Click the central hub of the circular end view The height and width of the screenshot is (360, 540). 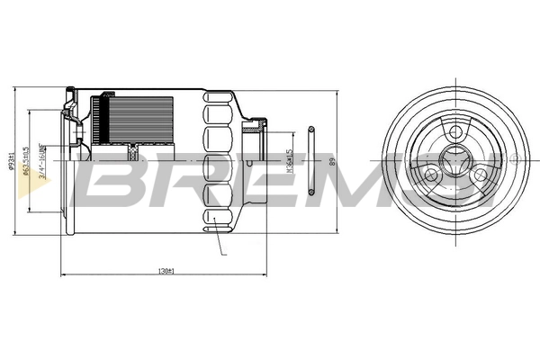[454, 161]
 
